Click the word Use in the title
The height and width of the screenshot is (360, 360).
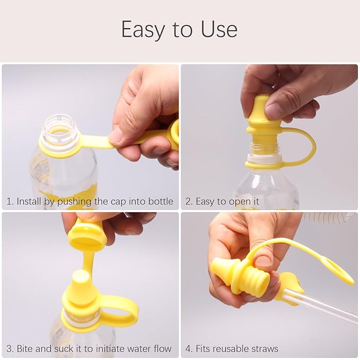(219, 30)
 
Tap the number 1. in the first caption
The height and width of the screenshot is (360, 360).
(10, 201)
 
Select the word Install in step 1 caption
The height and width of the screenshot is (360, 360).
(29, 201)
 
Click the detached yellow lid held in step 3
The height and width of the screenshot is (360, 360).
(87, 235)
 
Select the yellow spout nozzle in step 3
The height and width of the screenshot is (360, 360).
(81, 280)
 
